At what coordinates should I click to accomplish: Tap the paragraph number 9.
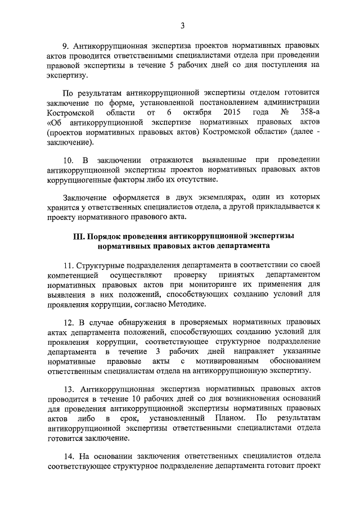tap(64, 44)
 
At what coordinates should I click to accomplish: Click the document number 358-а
tap(308, 111)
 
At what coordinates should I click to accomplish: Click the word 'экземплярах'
tap(222, 197)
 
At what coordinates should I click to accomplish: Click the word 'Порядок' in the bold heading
tap(109, 236)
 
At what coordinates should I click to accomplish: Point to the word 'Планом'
tap(228, 418)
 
